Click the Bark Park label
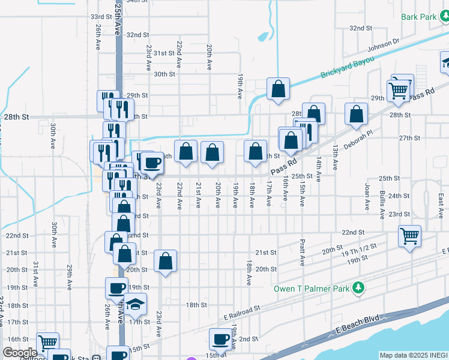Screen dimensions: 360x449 coord(419,17)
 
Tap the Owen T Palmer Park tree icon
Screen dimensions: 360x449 coord(358,289)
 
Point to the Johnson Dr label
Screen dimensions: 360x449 coord(384,45)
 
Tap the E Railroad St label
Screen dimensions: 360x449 coord(241,311)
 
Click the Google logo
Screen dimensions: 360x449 coord(20,353)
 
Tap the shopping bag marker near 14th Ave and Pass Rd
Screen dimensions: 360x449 coord(357,114)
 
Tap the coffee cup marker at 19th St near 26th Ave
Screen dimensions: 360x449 coord(116,288)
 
